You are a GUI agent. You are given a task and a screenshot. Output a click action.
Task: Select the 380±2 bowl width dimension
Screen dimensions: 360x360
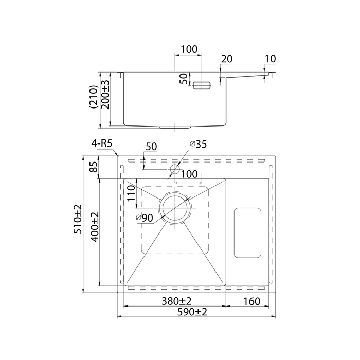click(174, 301)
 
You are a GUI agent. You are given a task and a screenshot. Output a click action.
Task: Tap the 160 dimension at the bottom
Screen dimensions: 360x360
click(248, 301)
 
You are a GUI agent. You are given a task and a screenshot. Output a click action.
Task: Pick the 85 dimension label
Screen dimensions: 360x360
click(94, 168)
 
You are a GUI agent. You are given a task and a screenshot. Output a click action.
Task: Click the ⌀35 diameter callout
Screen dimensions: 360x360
click(197, 145)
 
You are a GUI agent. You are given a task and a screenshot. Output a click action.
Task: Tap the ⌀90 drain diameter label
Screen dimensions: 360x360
click(145, 218)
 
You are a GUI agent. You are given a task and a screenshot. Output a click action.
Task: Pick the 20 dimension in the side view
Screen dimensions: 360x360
click(226, 59)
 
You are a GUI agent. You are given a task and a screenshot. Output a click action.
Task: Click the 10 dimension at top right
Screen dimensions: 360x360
click(271, 59)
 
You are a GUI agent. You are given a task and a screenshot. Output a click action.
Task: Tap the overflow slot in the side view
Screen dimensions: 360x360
click(202, 85)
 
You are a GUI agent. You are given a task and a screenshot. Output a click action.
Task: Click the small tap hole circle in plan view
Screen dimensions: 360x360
click(174, 169)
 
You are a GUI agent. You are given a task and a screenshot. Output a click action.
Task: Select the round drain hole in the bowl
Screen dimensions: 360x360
click(175, 208)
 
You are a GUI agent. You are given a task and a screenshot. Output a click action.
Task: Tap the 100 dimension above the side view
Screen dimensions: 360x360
click(189, 50)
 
